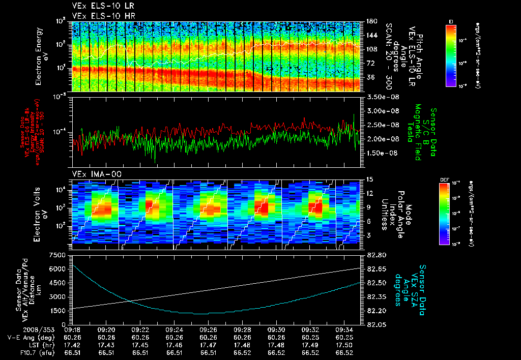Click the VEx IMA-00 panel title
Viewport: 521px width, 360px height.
point(94,174)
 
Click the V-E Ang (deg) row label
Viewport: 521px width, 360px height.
point(28,337)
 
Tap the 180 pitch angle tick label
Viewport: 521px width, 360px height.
point(371,21)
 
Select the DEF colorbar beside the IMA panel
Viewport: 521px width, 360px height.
point(450,214)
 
